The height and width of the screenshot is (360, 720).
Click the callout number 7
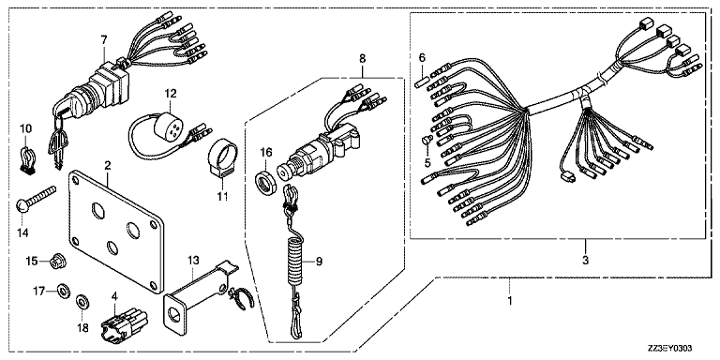(x=104, y=40)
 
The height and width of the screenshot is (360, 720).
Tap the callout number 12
(x=171, y=93)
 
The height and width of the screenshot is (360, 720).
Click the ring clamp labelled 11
(x=223, y=158)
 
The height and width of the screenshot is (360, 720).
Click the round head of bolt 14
(x=22, y=205)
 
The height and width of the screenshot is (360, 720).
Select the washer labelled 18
(x=82, y=302)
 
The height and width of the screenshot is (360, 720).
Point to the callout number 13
(x=193, y=261)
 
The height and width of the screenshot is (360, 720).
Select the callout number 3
(x=585, y=261)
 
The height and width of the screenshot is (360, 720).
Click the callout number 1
(x=509, y=301)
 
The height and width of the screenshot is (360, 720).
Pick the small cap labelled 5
(x=427, y=139)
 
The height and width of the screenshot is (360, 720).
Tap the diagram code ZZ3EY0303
(x=670, y=349)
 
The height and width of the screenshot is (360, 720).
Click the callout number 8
(x=362, y=58)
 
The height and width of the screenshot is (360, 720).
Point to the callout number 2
(x=108, y=165)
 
